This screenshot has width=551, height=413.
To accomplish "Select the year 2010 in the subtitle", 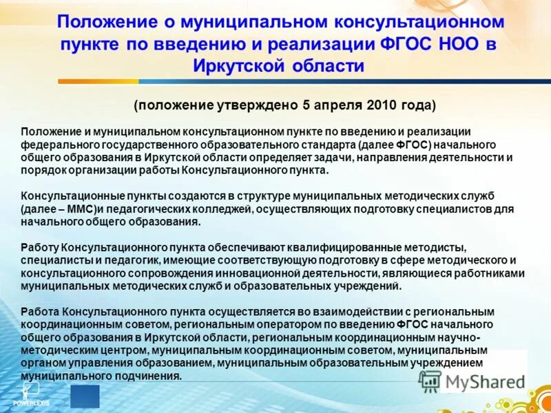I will point(384,105).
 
